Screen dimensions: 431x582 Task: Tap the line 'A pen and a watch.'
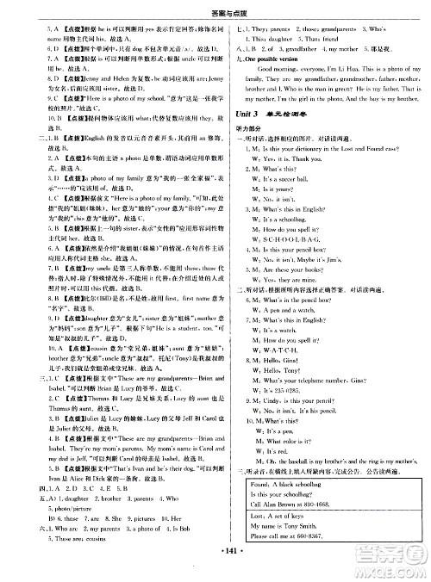[297, 306]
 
